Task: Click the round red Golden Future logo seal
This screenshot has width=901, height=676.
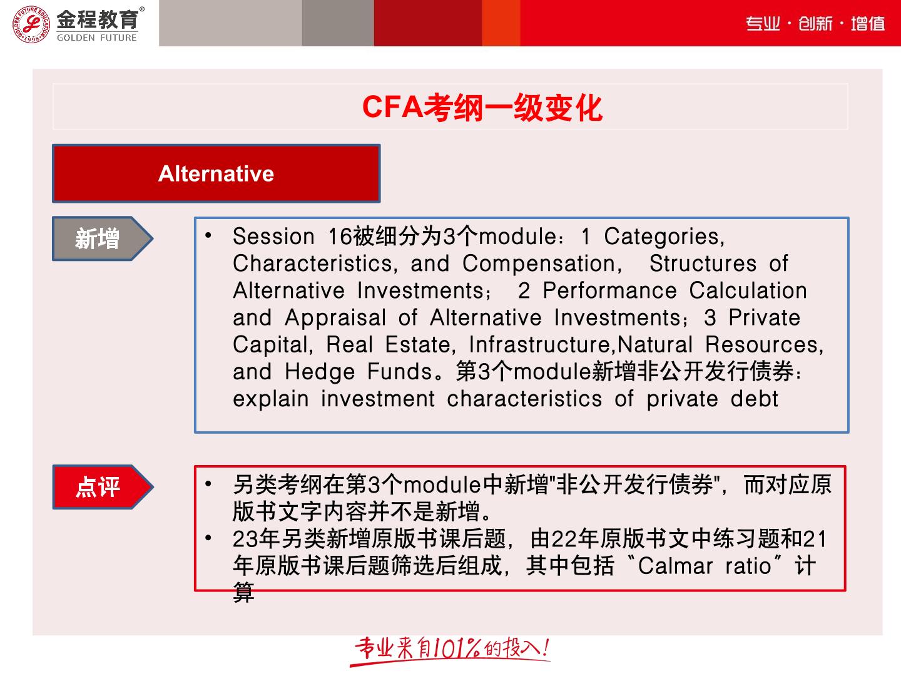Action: (x=31, y=24)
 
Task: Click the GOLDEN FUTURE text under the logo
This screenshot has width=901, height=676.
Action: (x=97, y=38)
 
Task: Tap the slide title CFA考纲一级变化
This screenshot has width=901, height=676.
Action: (x=482, y=108)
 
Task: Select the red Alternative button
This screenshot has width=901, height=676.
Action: (x=216, y=173)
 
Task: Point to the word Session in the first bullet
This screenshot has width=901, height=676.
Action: (x=273, y=237)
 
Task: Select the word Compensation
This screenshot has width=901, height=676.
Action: (x=542, y=264)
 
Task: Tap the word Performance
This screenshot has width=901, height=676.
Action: (x=609, y=290)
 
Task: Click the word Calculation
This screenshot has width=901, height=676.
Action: (x=748, y=290)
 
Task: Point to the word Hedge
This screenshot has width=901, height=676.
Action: (x=320, y=373)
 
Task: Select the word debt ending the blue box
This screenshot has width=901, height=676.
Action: (x=755, y=399)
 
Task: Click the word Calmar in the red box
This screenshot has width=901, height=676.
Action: (x=675, y=566)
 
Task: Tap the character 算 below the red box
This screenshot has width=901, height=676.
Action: (x=244, y=592)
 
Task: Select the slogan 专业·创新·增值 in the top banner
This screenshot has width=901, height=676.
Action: (x=815, y=23)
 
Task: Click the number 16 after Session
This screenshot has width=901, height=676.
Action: (x=340, y=237)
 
